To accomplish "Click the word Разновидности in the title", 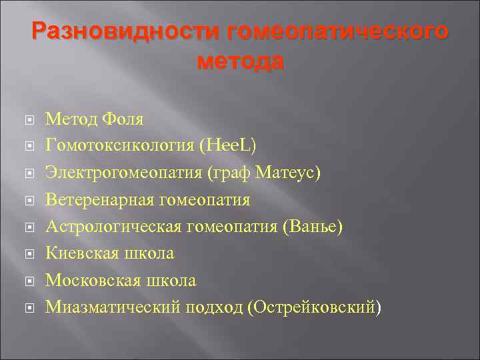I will pyautogui.click(x=125, y=31).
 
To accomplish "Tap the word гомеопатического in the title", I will pyautogui.click(x=338, y=31).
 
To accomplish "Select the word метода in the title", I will pyautogui.click(x=240, y=61).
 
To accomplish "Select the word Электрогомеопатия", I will pyautogui.click(x=124, y=173).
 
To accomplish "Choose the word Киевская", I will pyautogui.click(x=83, y=253).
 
